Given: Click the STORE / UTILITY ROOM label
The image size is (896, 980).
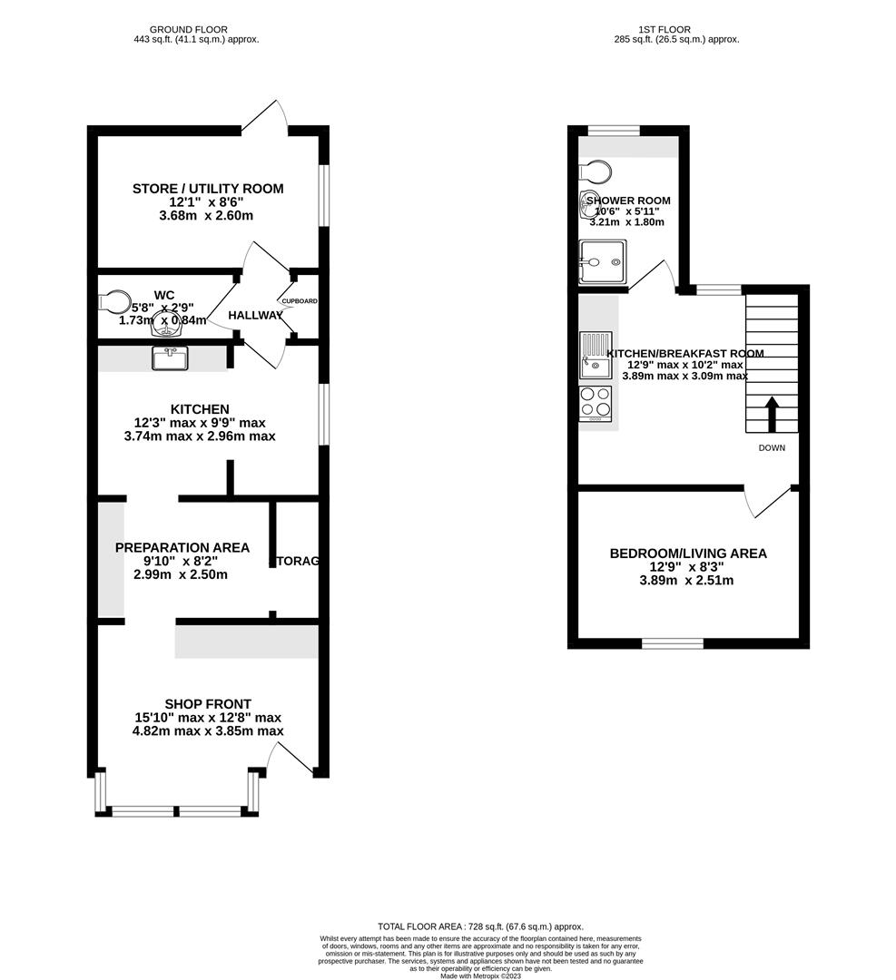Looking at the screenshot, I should click(208, 189).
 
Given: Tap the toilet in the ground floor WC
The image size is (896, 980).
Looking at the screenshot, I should click(114, 300).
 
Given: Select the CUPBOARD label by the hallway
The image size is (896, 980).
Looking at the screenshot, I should click(300, 300).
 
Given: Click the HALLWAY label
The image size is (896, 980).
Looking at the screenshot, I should click(255, 315).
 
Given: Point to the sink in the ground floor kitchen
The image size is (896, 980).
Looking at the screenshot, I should click(170, 358).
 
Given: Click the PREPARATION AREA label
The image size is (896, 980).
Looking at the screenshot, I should click(182, 547).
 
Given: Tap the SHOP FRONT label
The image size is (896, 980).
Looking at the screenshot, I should click(208, 703).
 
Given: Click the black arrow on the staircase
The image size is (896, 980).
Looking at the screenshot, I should click(773, 414).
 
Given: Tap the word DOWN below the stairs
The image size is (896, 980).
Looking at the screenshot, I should click(772, 448).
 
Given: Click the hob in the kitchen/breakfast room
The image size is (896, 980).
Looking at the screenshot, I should click(596, 403).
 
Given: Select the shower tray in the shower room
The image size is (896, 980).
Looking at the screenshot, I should click(602, 261).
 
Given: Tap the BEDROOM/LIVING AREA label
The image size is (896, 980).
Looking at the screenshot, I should click(688, 554).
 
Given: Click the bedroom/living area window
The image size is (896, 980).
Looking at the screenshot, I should click(673, 643).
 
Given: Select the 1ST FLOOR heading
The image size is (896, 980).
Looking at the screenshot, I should click(676, 29).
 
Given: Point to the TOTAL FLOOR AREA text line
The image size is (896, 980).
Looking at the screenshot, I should click(480, 926).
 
